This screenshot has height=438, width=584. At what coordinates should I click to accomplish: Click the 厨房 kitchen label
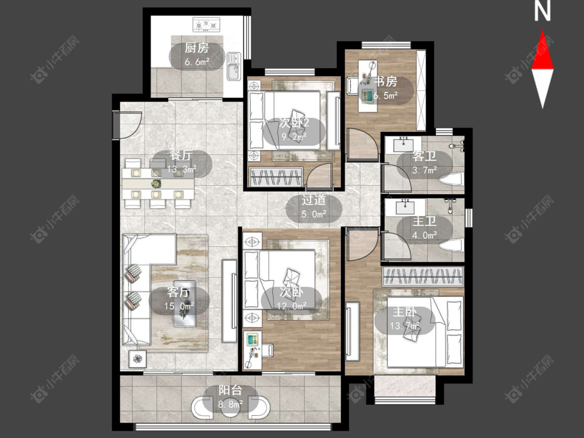click(196, 48)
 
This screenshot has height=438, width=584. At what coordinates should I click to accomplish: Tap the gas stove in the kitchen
click(206, 25)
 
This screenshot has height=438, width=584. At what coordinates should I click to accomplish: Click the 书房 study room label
click(386, 81)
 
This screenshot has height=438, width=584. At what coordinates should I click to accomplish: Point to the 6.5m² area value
click(386, 95)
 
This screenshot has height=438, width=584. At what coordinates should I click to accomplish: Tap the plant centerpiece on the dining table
click(156, 183)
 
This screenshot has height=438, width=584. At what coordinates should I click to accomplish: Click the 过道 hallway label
click(314, 200)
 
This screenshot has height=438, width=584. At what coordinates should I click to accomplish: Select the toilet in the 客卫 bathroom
click(451, 180)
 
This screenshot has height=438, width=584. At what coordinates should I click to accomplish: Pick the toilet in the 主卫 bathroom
click(452, 245)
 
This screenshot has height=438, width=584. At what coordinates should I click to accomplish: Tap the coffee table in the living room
click(185, 304)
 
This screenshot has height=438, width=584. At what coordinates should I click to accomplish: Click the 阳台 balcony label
click(230, 390)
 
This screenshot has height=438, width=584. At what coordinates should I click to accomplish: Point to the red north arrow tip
click(542, 31)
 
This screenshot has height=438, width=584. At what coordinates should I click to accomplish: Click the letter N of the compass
click(542, 11)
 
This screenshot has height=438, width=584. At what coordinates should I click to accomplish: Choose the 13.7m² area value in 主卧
click(405, 326)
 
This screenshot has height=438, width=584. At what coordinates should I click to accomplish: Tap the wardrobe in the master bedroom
click(423, 277)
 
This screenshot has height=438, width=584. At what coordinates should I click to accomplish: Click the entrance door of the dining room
click(127, 125)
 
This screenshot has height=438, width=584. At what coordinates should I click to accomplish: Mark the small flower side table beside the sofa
click(138, 359)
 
